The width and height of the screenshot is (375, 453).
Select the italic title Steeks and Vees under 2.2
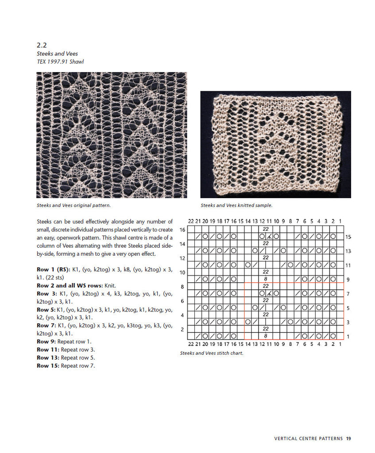(57, 54)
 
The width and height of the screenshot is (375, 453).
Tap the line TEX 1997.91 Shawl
(60, 62)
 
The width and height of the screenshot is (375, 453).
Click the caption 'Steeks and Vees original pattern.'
(73, 205)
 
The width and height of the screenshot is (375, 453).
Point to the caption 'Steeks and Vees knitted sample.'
(236, 205)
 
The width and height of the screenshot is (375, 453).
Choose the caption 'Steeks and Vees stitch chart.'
(212, 353)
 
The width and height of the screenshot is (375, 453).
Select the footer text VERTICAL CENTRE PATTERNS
(309, 439)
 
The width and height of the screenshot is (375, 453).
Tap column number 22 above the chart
(191, 221)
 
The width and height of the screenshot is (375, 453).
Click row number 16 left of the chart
(182, 230)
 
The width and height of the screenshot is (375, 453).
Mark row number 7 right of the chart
(348, 294)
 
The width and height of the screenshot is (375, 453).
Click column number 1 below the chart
(340, 344)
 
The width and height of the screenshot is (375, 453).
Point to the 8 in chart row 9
(266, 279)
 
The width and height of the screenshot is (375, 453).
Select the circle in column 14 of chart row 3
(248, 322)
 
